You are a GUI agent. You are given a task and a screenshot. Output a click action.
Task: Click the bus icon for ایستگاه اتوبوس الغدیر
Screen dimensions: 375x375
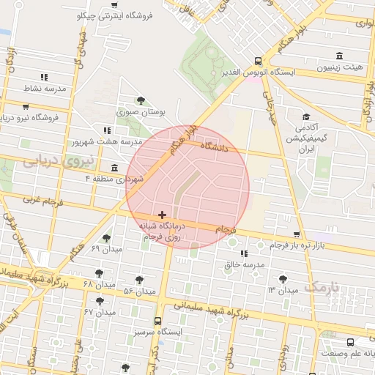[x=257, y=62]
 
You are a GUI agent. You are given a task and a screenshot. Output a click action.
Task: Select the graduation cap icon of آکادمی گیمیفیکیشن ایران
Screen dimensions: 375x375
[x=306, y=116]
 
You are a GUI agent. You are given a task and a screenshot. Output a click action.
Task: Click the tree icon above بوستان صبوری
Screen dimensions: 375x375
[x=141, y=101]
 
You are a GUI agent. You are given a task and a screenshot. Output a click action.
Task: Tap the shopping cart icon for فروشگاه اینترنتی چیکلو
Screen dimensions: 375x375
[x=114, y=4]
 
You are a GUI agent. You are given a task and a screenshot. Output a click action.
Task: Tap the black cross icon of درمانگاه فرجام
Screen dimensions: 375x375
[x=162, y=214]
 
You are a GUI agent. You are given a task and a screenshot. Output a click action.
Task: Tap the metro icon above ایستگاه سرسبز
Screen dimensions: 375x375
[x=158, y=321]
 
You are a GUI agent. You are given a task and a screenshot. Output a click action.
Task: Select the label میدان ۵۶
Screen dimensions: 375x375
[x=140, y=292]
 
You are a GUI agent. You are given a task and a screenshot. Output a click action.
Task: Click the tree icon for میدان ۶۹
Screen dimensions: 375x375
[x=106, y=238]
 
